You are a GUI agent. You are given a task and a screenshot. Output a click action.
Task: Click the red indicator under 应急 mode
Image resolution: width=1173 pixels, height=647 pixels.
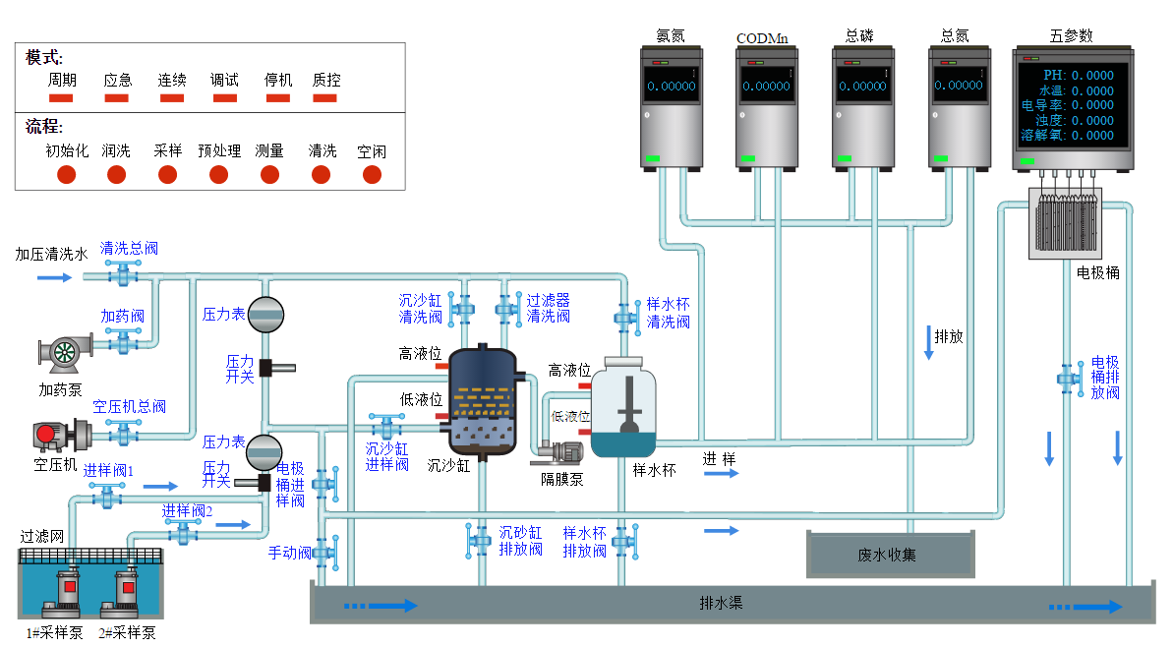(117, 97)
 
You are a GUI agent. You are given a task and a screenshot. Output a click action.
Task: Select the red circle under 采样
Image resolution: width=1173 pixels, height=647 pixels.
(168, 175)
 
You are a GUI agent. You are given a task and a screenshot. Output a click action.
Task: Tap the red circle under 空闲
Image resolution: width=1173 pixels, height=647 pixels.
(372, 175)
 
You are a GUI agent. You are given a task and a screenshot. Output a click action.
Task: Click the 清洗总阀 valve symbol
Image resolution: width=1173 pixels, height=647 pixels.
(123, 275)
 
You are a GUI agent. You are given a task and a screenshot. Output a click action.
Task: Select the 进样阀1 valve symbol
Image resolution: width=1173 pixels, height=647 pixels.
(106, 497)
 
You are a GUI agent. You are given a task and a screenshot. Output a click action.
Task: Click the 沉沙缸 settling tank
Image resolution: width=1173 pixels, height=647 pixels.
(481, 403)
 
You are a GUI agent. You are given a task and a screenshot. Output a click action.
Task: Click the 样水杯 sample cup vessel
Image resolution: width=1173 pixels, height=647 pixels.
(629, 410)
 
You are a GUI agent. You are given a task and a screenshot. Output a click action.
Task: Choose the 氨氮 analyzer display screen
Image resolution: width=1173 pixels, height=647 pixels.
(671, 86)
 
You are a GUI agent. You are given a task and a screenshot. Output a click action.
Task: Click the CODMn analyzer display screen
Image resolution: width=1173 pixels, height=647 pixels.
(766, 86)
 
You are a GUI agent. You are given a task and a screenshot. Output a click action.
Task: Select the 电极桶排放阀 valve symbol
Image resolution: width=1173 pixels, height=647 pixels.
(1069, 377)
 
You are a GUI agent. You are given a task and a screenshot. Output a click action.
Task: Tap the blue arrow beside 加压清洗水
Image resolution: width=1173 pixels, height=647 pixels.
(55, 277)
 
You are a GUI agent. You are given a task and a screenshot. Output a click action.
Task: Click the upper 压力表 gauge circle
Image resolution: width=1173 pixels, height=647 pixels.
(264, 314)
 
